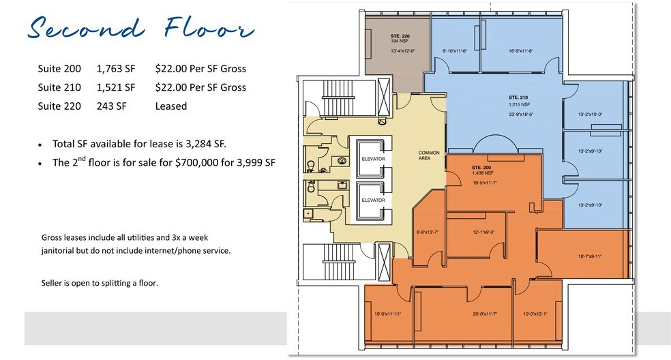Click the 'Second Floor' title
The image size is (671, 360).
[140, 29]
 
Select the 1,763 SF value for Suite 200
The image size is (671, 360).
[116, 69]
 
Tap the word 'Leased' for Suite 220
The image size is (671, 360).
[170, 106]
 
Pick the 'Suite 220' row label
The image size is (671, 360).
[59, 106]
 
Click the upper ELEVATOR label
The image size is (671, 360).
[373, 159]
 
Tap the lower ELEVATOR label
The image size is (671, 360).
[373, 200]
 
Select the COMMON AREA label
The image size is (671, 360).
[429, 155]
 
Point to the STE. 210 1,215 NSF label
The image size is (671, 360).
[518, 101]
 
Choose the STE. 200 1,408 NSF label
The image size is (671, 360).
[481, 170]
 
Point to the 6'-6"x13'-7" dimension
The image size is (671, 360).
[429, 233]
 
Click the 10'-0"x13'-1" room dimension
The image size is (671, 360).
[535, 314]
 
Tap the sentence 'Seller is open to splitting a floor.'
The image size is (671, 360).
[100, 282]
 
